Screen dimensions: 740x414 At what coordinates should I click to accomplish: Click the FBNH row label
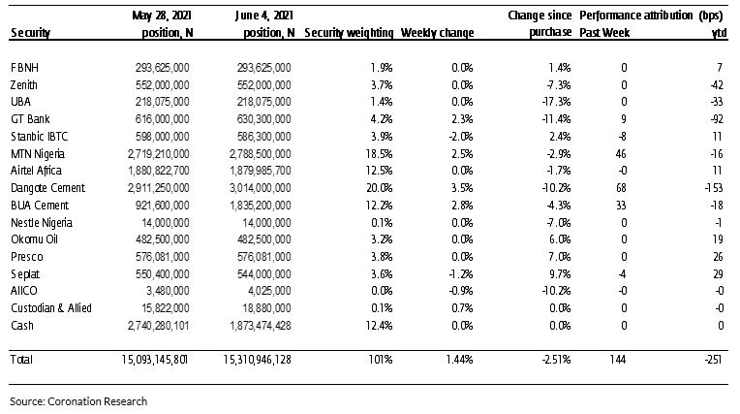tap(24, 68)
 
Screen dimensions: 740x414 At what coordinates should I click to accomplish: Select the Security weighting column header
tap(349, 33)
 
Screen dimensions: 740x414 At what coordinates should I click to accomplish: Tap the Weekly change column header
tap(437, 33)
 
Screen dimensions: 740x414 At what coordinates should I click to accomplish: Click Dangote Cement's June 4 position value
tap(260, 188)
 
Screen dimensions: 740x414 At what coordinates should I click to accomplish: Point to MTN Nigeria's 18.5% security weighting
tap(379, 153)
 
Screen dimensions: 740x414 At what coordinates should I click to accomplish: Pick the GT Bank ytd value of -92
tap(717, 119)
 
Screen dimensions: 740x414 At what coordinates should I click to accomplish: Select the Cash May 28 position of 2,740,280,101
tap(158, 325)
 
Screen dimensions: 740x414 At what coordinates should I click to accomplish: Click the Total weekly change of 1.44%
tap(459, 359)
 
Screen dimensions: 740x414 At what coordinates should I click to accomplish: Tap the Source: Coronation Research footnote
tap(78, 401)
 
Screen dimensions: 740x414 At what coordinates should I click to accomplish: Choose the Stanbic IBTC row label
tap(39, 137)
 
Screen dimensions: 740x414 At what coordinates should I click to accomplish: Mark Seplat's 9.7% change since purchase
tap(560, 274)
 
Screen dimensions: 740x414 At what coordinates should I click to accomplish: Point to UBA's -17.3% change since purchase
tap(556, 102)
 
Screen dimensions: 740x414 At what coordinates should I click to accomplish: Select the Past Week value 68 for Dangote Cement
tap(621, 188)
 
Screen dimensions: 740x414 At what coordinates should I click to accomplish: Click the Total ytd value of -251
tap(713, 359)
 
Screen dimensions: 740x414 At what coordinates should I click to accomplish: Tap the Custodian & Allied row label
tap(51, 308)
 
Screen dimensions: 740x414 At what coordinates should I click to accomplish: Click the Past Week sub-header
tap(604, 33)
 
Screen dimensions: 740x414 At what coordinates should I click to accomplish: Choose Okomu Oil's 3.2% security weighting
tap(382, 239)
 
